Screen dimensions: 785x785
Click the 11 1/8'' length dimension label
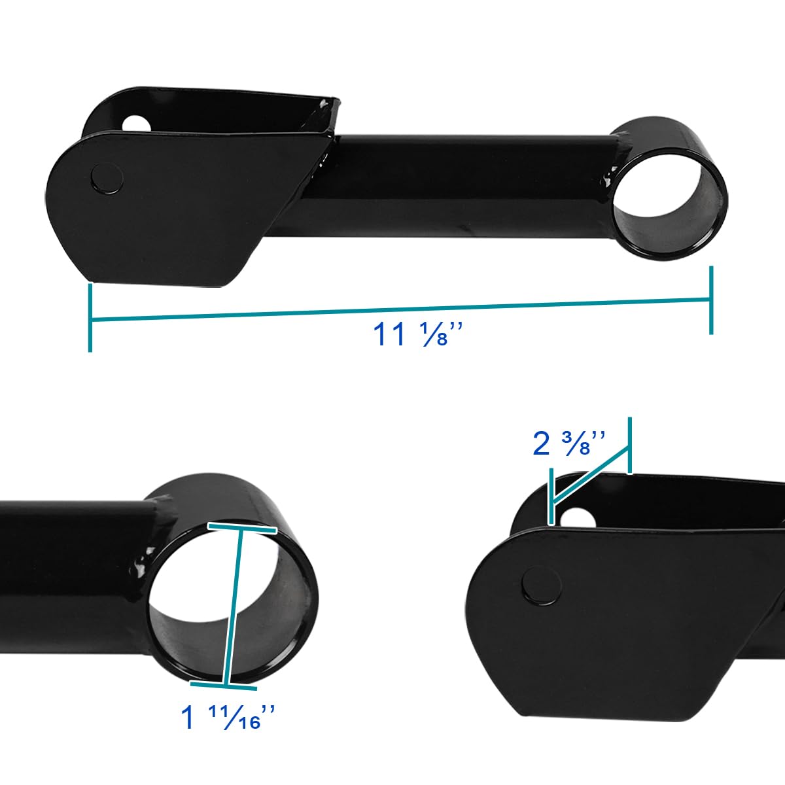(x=418, y=334)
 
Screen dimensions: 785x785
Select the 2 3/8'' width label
(x=569, y=444)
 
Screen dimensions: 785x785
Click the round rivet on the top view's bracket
(x=107, y=179)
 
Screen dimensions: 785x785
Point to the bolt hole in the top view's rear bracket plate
(x=137, y=124)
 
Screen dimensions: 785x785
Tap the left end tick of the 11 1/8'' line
(x=90, y=318)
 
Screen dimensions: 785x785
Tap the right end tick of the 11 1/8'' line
(x=711, y=300)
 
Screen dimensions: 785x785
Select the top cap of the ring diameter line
(x=242, y=529)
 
